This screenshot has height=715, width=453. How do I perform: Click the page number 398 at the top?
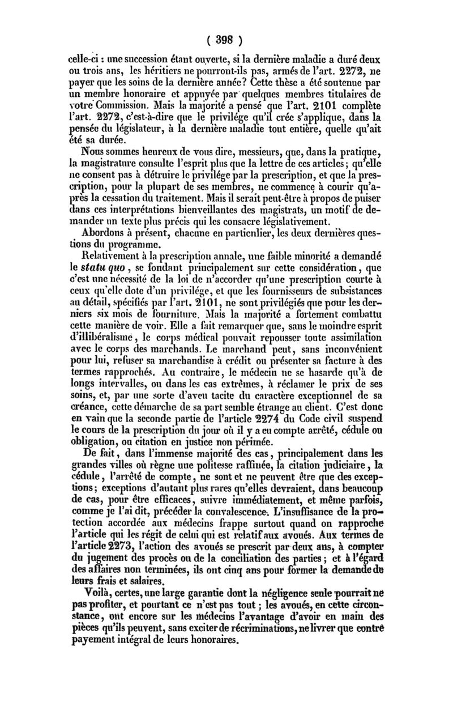(x=226, y=40)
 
